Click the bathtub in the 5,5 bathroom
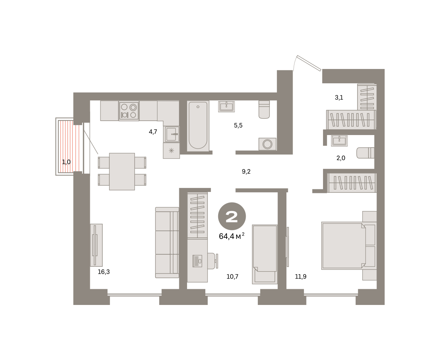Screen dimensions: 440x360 click(x=198, y=126)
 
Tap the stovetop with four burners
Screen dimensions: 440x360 click(x=129, y=111)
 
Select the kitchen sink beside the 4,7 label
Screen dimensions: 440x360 click(x=171, y=134)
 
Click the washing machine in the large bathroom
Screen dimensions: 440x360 click(x=267, y=144)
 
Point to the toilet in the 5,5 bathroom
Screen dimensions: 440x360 click(x=264, y=109)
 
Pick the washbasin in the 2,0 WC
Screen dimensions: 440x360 click(x=339, y=141)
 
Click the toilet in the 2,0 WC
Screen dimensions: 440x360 click(x=365, y=153)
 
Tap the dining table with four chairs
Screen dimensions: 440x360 click(x=122, y=171)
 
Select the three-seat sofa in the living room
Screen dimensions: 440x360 click(x=167, y=243)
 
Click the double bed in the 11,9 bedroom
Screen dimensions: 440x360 click(x=349, y=246)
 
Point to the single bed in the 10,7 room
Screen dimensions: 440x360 click(x=265, y=254)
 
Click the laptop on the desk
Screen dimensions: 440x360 click(x=197, y=261)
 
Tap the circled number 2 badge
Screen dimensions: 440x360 click(x=232, y=217)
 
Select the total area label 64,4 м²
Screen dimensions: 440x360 click(x=232, y=236)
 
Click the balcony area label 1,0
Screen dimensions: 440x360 click(x=66, y=162)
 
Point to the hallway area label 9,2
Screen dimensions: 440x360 click(x=246, y=171)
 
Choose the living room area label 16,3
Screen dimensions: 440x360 click(x=104, y=272)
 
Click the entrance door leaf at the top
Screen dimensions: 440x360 click(x=309, y=63)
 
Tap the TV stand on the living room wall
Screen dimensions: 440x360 click(x=96, y=245)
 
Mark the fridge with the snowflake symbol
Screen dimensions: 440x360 click(x=171, y=150)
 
